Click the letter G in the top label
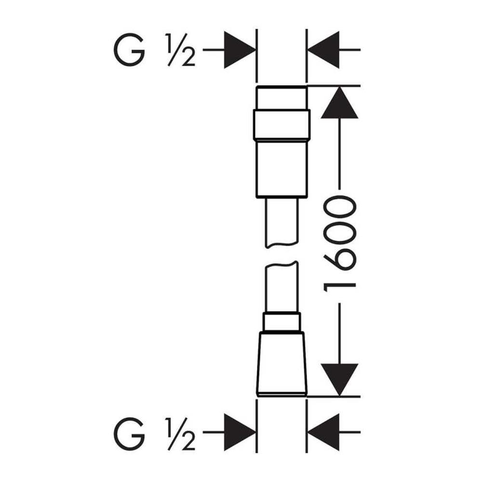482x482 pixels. [x=129, y=50]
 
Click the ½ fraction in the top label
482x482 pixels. [x=181, y=50]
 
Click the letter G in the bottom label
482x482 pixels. [x=129, y=434]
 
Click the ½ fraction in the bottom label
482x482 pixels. [x=181, y=434]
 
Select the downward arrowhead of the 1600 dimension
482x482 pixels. [x=339, y=380]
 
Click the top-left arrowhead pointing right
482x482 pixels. [x=240, y=50]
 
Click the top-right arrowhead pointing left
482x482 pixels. [x=323, y=50]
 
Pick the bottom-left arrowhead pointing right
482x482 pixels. [x=240, y=432]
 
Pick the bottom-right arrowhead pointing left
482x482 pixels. [x=323, y=432]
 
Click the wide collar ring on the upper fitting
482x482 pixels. [x=281, y=124]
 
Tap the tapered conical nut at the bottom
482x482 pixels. [x=281, y=364]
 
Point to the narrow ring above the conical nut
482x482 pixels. [x=281, y=322]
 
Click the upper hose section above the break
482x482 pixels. [x=281, y=222]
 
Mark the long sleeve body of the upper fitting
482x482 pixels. [x=281, y=168]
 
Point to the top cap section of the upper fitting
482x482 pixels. [x=281, y=98]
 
